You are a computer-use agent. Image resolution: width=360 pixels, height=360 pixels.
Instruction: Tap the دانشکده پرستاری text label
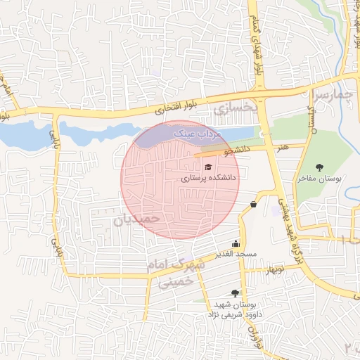(210, 179)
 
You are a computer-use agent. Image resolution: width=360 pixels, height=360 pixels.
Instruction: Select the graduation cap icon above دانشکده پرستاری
(207, 167)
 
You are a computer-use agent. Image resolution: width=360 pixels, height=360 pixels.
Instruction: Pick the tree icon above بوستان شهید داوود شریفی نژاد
(234, 293)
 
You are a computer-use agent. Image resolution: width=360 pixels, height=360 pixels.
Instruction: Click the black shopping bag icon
(252, 205)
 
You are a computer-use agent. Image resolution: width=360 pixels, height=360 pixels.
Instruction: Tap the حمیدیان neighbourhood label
(137, 219)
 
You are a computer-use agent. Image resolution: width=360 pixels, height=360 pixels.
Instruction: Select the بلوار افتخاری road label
(168, 108)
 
